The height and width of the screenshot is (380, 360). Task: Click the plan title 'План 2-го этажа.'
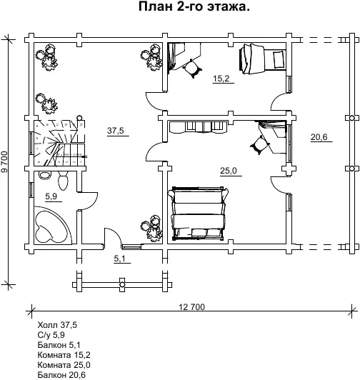pyautogui.click(x=194, y=6)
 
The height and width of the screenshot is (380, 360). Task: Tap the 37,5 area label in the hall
pyautogui.click(x=116, y=131)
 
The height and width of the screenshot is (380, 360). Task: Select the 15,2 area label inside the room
pyautogui.click(x=221, y=79)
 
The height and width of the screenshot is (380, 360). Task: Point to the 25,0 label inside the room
pyautogui.click(x=229, y=171)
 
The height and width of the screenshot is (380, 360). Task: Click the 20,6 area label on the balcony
pyautogui.click(x=319, y=137)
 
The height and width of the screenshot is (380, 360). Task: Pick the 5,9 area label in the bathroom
pyautogui.click(x=51, y=196)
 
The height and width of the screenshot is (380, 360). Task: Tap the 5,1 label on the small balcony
pyautogui.click(x=120, y=259)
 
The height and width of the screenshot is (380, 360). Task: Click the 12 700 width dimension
pyautogui.click(x=191, y=307)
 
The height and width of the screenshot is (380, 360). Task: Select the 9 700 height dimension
pyautogui.click(x=4, y=162)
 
